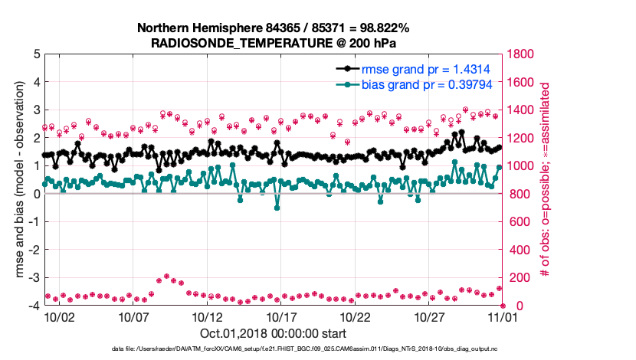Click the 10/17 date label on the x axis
(280, 316)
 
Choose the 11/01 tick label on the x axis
(503, 316)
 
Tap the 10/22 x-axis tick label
(355, 316)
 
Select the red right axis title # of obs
(546, 180)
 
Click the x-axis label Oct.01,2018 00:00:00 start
(273, 333)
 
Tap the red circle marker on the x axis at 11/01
(503, 306)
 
